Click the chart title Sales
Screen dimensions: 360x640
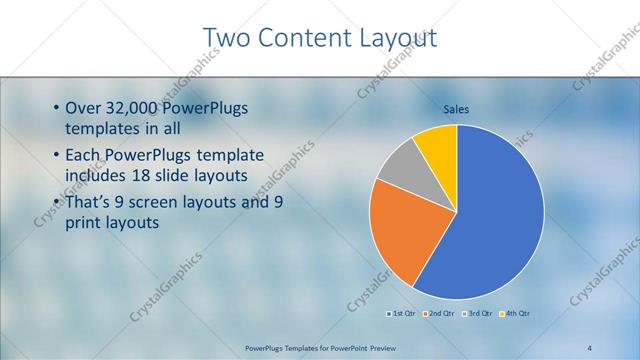tap(456, 109)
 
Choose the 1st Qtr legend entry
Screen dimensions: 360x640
tap(403, 313)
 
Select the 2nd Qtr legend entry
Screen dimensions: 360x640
tap(439, 313)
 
